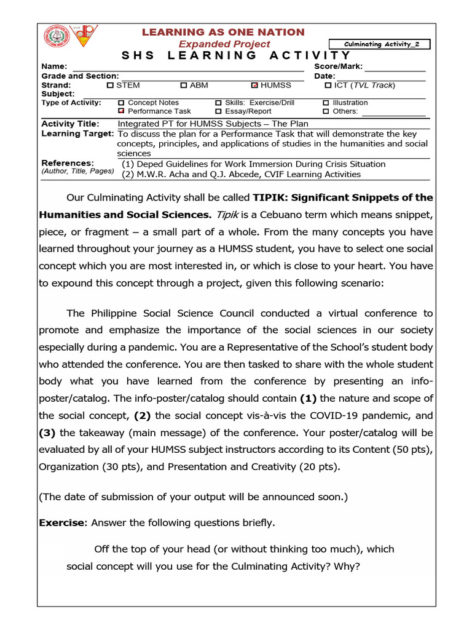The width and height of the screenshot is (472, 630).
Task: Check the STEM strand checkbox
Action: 110,86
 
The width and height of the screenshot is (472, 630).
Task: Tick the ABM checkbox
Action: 184,86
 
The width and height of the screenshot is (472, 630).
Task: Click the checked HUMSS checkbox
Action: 255,86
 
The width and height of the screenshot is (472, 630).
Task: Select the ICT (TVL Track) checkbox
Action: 328,86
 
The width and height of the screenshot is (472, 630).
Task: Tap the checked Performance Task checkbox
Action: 121,111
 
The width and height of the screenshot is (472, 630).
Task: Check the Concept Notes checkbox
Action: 121,103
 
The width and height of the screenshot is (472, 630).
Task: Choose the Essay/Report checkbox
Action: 218,111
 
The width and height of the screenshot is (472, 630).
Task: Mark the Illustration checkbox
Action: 326,103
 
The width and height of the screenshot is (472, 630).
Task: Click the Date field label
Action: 324,76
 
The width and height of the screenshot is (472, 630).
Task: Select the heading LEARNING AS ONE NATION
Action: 223,32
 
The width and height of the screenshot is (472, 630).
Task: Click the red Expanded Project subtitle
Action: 224,44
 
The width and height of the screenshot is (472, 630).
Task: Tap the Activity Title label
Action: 71,124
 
